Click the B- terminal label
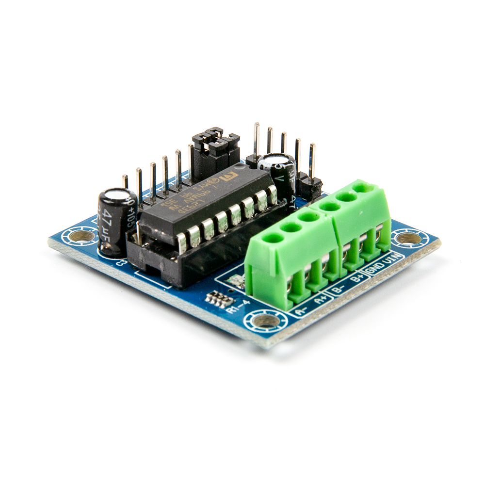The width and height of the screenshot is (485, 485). point(340,290)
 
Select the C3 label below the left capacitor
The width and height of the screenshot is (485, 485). point(121,263)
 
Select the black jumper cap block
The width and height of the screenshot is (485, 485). point(215,141)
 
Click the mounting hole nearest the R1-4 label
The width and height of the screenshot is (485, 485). point(266,320)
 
